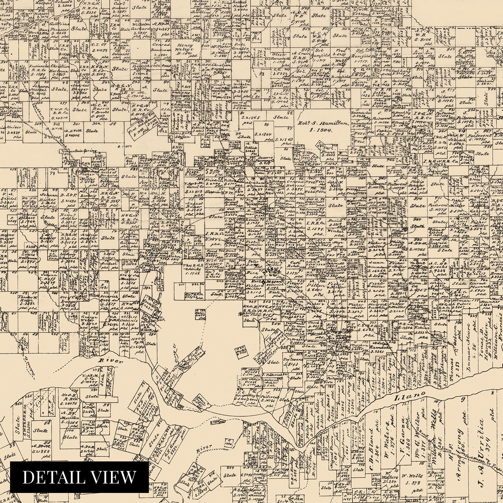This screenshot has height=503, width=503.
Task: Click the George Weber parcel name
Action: click(89, 319)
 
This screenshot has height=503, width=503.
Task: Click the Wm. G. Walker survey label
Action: click(417, 431)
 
